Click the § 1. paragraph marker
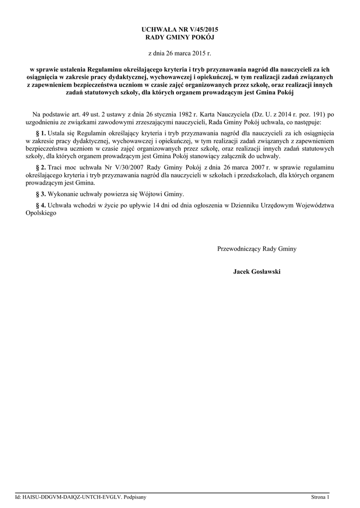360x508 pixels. pos(41,133)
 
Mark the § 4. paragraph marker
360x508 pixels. pos(41,205)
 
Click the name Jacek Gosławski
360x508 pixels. pos(257,271)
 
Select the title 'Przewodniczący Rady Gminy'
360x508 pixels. pos(257,249)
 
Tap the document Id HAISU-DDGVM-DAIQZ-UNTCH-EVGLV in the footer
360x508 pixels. pos(72,497)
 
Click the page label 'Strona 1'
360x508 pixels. pos(320,497)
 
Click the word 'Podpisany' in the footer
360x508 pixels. pos(135,497)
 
